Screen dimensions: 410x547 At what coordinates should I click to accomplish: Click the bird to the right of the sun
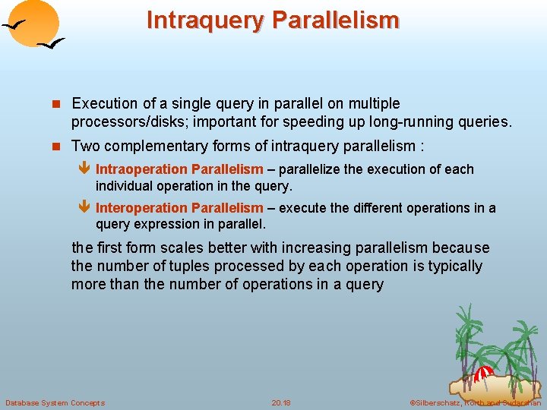[x=52, y=45]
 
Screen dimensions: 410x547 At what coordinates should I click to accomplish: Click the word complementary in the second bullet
[x=163, y=146]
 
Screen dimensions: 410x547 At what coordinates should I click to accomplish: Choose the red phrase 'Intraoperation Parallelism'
[x=179, y=169]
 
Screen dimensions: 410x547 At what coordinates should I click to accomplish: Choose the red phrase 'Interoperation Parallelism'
[x=179, y=208]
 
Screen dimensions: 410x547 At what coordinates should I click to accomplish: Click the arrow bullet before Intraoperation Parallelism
[x=84, y=169]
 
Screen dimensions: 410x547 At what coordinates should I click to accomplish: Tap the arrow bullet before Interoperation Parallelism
[x=84, y=208]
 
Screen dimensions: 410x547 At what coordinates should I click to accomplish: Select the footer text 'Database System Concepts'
[x=55, y=402]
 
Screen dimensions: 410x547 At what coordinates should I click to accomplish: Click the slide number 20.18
[x=281, y=402]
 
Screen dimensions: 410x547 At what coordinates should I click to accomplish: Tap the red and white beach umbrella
[x=484, y=374]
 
